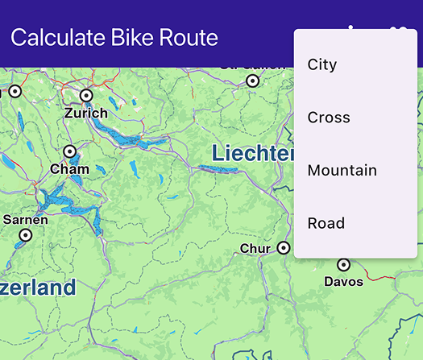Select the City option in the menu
click(322, 64)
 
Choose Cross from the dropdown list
click(329, 118)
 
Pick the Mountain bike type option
click(342, 171)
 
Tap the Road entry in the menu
click(326, 223)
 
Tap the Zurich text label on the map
click(86, 113)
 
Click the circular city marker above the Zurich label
click(86, 96)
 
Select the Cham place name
click(69, 169)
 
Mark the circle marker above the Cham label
click(69, 151)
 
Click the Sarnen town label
click(25, 219)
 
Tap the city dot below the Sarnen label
click(25, 235)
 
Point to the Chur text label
click(255, 249)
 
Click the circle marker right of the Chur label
click(283, 248)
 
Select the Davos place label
click(344, 281)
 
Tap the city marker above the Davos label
click(344, 264)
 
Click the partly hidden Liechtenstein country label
click(251, 153)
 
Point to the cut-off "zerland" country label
click(38, 288)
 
